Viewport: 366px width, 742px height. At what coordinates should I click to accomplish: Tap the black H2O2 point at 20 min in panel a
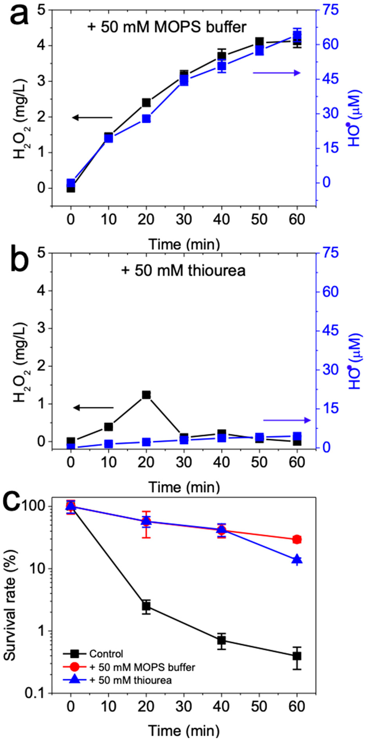(x=146, y=103)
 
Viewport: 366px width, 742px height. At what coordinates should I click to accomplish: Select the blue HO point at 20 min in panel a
(x=146, y=119)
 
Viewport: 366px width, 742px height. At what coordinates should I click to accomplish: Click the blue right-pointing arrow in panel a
(x=277, y=73)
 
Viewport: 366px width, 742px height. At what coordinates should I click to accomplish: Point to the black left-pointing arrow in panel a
(x=92, y=118)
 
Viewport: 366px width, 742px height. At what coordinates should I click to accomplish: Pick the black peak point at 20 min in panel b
(x=146, y=395)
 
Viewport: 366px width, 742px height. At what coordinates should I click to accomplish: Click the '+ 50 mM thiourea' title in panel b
(x=183, y=271)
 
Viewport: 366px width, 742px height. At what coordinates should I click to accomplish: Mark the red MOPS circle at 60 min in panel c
(x=297, y=539)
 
